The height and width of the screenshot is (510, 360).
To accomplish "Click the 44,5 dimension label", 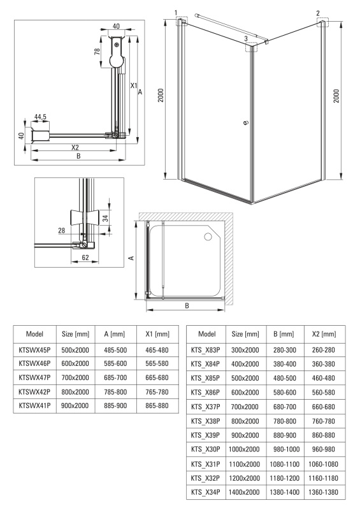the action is pos(40,117).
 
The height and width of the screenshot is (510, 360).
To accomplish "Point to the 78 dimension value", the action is pos(97,52).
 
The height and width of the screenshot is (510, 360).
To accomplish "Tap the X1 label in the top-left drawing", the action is pos(134,85).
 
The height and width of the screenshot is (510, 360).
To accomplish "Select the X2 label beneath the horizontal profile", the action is pos(75,147).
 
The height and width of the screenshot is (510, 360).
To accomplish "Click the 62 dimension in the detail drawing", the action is pos(85,258).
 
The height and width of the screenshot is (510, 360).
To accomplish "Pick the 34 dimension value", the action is pos(105,218).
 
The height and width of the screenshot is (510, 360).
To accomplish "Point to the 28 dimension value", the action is pos(61,231).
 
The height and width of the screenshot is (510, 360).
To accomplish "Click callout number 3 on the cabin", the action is pos(246,39).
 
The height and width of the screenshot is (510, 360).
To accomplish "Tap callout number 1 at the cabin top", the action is pos(176,13).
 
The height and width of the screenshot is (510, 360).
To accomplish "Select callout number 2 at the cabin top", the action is pos(318,13).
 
